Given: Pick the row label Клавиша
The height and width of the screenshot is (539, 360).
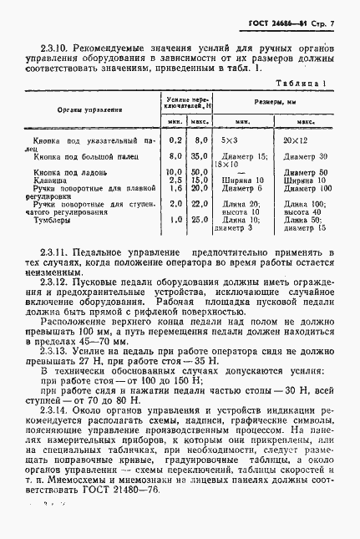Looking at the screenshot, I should coord(46,180).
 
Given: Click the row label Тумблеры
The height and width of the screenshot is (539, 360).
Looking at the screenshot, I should coord(48,220).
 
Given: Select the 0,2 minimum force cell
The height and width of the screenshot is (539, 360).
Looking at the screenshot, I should coord(175,142).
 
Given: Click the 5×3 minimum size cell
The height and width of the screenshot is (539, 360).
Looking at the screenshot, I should coord(226,142).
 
